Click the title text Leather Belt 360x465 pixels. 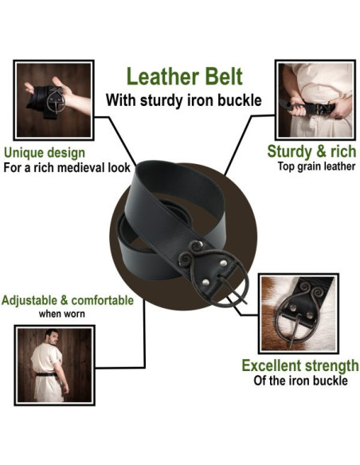point(183,77)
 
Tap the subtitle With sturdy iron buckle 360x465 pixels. point(183,100)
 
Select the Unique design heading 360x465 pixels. point(45,152)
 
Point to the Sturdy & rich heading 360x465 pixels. point(311,151)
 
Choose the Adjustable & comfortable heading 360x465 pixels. point(67,301)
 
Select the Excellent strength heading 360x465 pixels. point(299,365)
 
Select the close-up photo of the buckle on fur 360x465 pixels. point(299,312)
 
